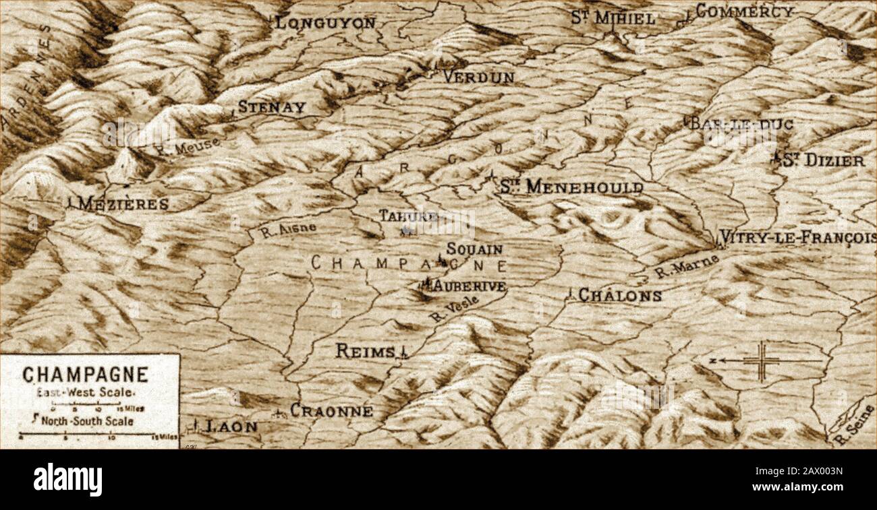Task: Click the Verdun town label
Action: [478, 77]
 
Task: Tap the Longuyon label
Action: [325, 22]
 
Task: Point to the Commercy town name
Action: [744, 11]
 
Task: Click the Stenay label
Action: [271, 107]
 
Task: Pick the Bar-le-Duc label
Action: [739, 124]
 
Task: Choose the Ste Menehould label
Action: [571, 187]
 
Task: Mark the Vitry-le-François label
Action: [797, 237]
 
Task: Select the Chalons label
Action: [619, 295]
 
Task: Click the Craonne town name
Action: [331, 410]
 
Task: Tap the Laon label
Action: [231, 426]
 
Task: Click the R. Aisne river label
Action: [288, 230]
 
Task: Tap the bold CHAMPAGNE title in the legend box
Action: [85, 375]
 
